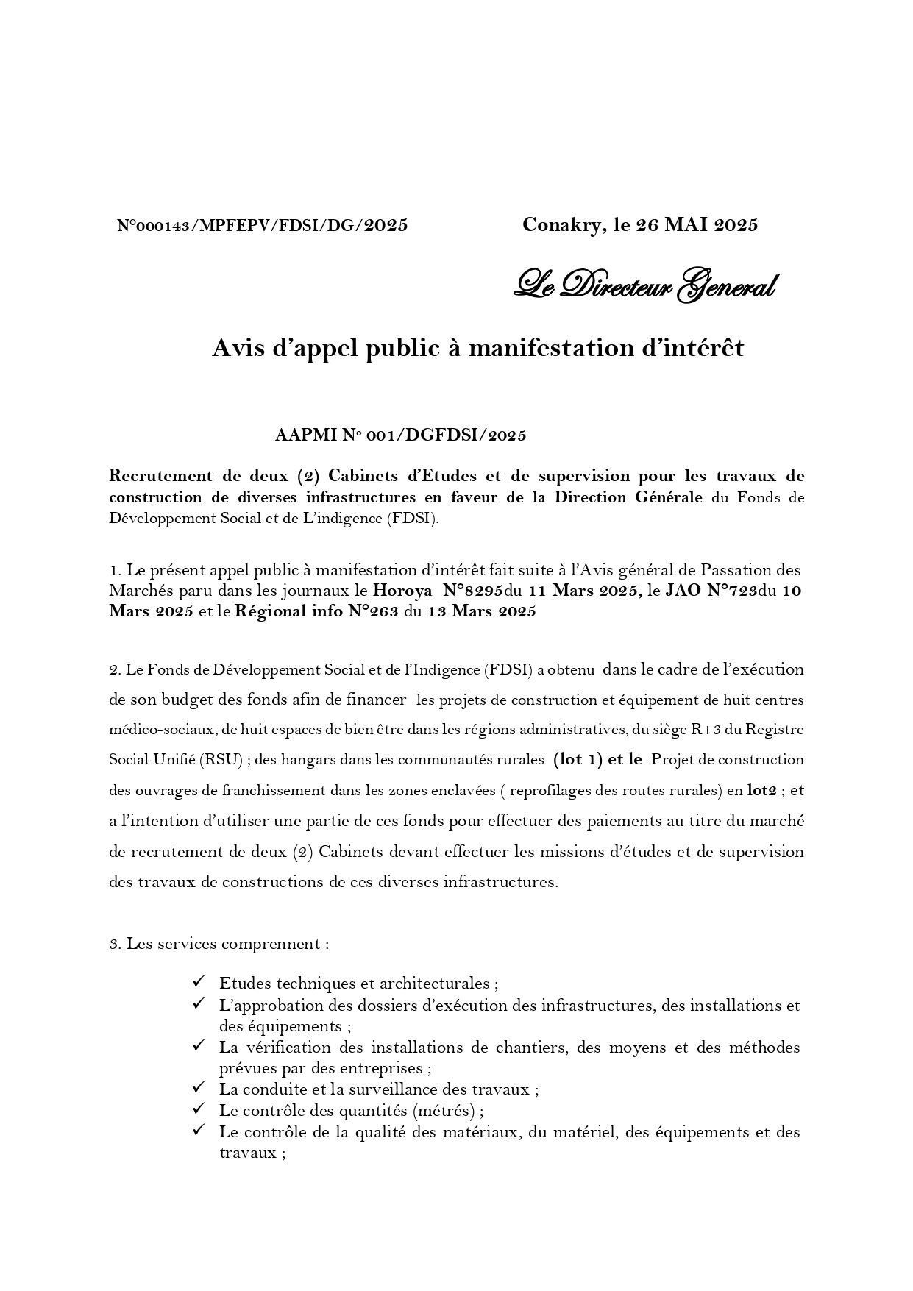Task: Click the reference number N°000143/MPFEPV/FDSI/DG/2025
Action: [x=262, y=226]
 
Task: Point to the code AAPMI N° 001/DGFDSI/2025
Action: [x=401, y=435]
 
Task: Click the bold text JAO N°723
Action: [x=711, y=591]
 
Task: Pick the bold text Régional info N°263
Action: [x=316, y=612]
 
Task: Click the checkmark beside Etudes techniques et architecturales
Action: [x=199, y=982]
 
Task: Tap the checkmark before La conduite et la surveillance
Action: [x=199, y=1088]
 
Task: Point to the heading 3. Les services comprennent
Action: [x=219, y=944]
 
